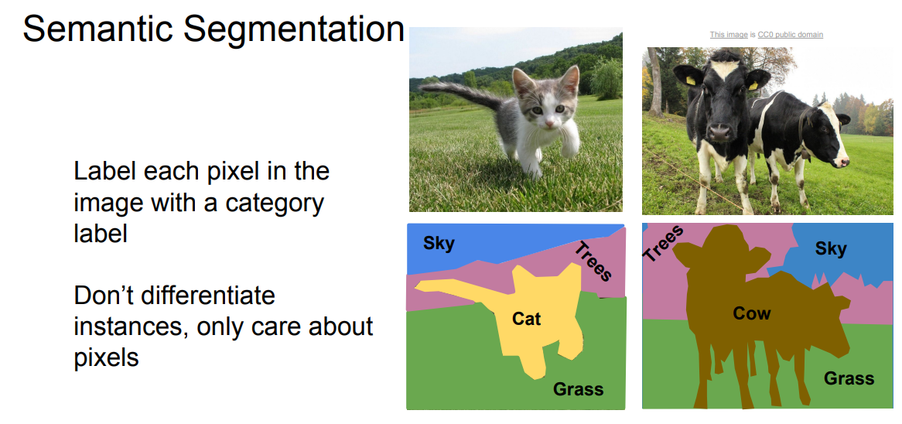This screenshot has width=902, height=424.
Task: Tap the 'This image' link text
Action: [728, 35]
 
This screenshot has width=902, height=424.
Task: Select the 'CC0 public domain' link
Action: [790, 35]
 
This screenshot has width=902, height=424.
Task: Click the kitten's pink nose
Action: [548, 122]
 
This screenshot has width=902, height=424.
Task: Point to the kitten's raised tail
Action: [461, 93]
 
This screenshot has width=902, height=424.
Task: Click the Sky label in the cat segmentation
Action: [439, 244]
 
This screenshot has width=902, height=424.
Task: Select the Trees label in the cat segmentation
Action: [593, 261]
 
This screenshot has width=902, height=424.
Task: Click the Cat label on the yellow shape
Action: [526, 318]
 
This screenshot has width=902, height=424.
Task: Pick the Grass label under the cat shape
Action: [578, 389]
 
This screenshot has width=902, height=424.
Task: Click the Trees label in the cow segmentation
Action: [663, 243]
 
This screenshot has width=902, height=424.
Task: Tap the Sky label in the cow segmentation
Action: [831, 249]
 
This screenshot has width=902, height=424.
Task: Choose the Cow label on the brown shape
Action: [751, 313]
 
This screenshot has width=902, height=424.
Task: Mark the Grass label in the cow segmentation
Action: [849, 378]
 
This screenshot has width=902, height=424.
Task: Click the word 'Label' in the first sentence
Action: [107, 172]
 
